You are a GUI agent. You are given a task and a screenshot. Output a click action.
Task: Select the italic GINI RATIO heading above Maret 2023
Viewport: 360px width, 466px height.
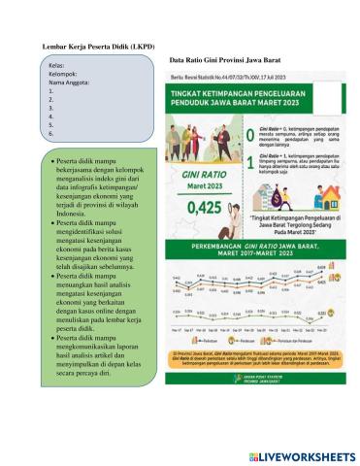(x=202, y=172)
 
